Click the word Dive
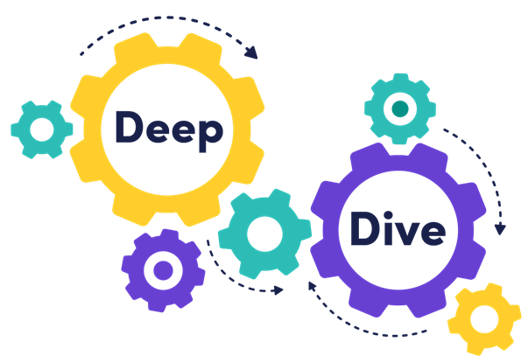pyautogui.click(x=398, y=229)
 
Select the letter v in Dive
pyautogui.click(x=404, y=232)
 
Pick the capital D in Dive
pyautogui.click(x=363, y=228)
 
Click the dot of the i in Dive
pyautogui.click(x=385, y=213)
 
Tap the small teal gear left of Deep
pyautogui.click(x=41, y=129)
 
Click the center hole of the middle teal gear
pyautogui.click(x=264, y=234)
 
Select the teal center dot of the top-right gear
pyautogui.click(x=400, y=109)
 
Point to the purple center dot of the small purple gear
pyautogui.click(x=163, y=270)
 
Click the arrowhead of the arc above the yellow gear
pyautogui.click(x=253, y=53)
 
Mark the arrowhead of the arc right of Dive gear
pyautogui.click(x=500, y=229)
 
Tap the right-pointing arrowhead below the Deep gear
pyautogui.click(x=278, y=290)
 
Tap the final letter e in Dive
pyautogui.click(x=430, y=232)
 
